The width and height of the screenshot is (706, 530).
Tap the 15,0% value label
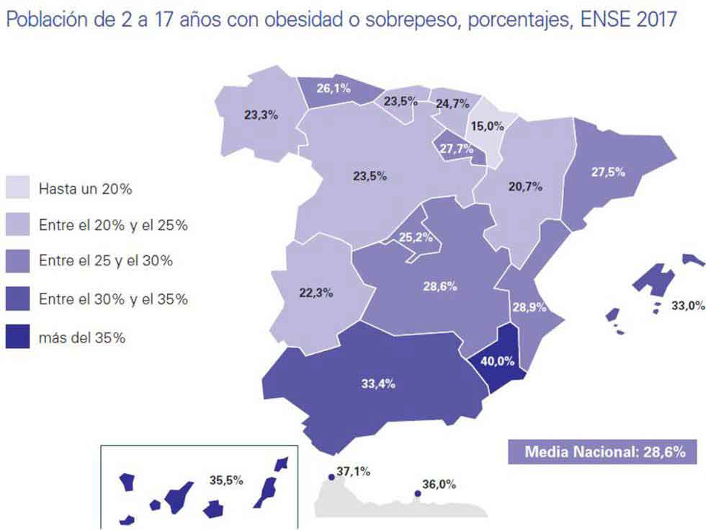click(487, 126)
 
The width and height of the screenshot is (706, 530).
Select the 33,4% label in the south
click(378, 384)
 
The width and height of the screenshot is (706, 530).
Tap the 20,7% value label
click(524, 188)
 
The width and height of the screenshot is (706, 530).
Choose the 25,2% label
click(417, 236)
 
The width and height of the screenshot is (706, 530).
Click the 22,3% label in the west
click(316, 293)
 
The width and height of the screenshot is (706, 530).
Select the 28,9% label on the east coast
click(529, 307)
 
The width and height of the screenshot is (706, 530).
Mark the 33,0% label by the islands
click(687, 306)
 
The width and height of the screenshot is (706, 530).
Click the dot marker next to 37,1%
click(331, 477)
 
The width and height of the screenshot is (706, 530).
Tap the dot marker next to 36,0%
click(417, 494)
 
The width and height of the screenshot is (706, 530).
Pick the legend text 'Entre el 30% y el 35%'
click(113, 299)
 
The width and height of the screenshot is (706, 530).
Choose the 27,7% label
click(455, 149)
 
